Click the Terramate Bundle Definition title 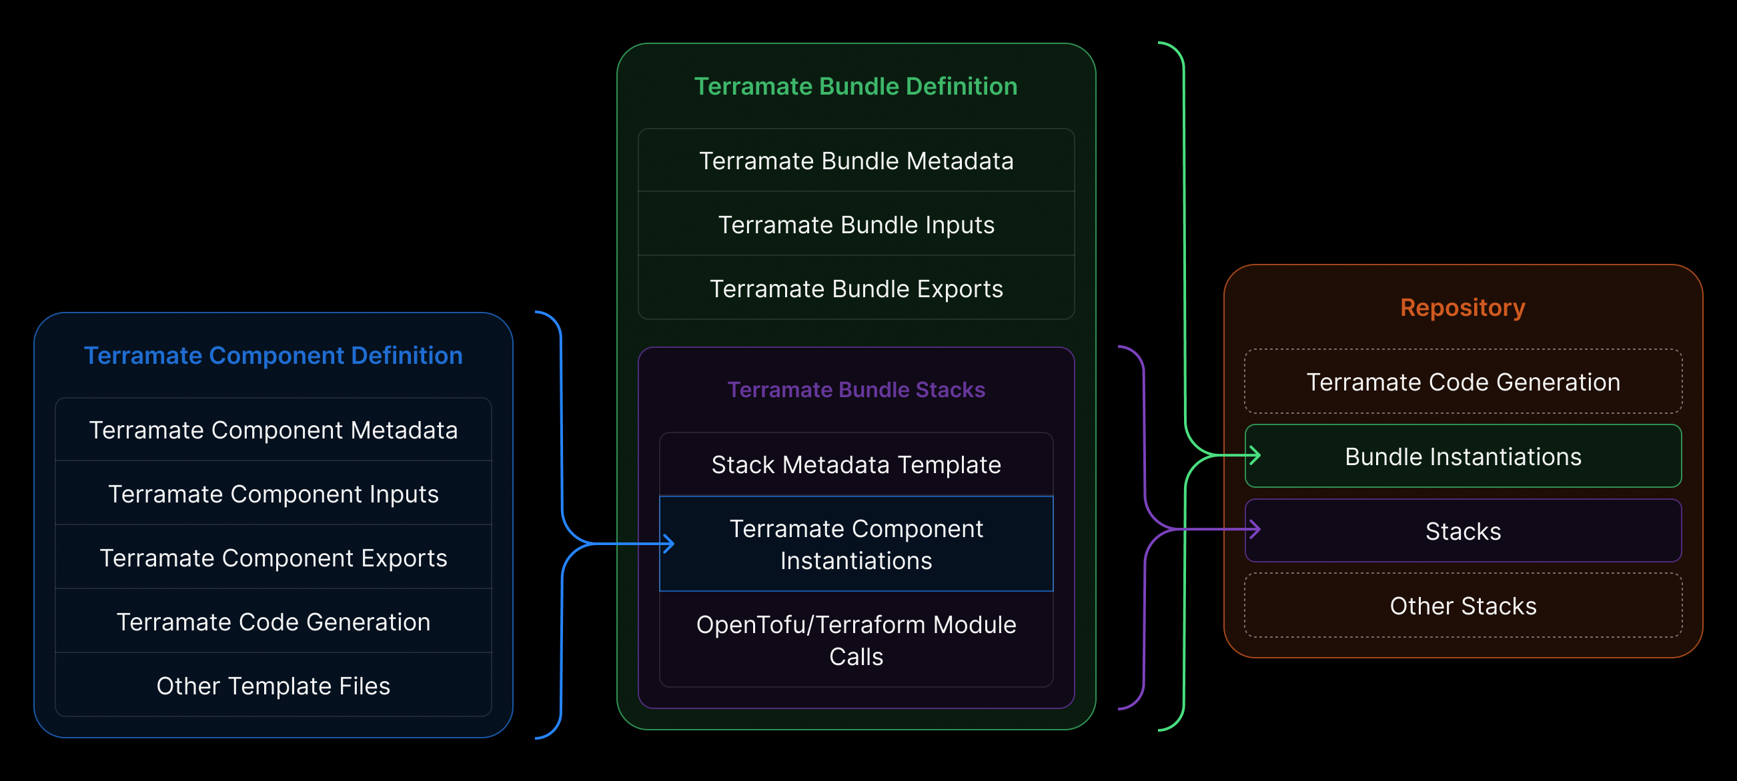[855, 86]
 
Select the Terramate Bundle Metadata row [855, 161]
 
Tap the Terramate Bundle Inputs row [855, 225]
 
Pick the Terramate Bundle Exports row [855, 289]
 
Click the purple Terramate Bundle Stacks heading [855, 389]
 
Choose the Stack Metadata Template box [855, 464]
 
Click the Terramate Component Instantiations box [855, 544]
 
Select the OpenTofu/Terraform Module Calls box [855, 640]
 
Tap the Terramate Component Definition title [273, 355]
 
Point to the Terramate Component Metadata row [273, 430]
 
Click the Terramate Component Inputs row [273, 494]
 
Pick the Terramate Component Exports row [273, 558]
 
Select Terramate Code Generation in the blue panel [273, 621]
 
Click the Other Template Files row [273, 685]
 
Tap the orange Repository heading [1462, 307]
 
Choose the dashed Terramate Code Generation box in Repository [1462, 382]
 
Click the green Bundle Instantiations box [1462, 456]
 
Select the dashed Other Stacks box [1462, 606]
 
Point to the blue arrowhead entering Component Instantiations [669, 543]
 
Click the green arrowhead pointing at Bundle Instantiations [1255, 456]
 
